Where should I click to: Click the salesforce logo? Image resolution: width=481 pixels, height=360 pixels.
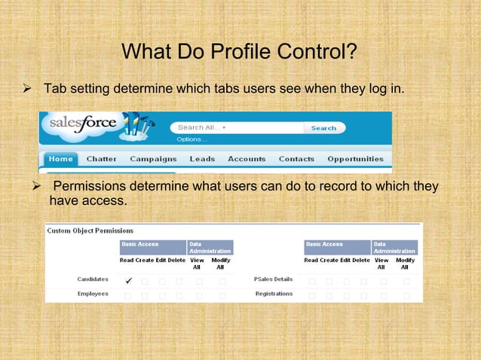[83, 124]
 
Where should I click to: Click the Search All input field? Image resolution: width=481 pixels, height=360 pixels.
[235, 128]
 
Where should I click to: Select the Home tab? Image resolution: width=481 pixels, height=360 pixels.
[60, 160]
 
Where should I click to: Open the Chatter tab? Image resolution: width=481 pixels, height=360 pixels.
[101, 160]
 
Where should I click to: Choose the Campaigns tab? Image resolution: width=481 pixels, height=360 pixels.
[153, 160]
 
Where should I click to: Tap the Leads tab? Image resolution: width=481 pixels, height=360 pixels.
[202, 160]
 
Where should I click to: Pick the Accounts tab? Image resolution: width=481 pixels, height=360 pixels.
[247, 160]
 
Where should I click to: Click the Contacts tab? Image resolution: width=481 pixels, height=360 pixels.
[296, 160]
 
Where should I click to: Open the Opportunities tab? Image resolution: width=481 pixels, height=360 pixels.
[355, 160]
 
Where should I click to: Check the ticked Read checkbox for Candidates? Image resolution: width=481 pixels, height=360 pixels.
[128, 281]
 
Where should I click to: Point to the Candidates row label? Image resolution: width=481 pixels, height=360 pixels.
[93, 279]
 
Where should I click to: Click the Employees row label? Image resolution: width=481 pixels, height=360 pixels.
[93, 294]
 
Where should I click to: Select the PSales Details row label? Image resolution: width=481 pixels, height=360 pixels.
[273, 279]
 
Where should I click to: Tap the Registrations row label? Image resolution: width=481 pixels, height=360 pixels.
[274, 294]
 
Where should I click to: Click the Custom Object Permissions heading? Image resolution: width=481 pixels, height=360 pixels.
[90, 230]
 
